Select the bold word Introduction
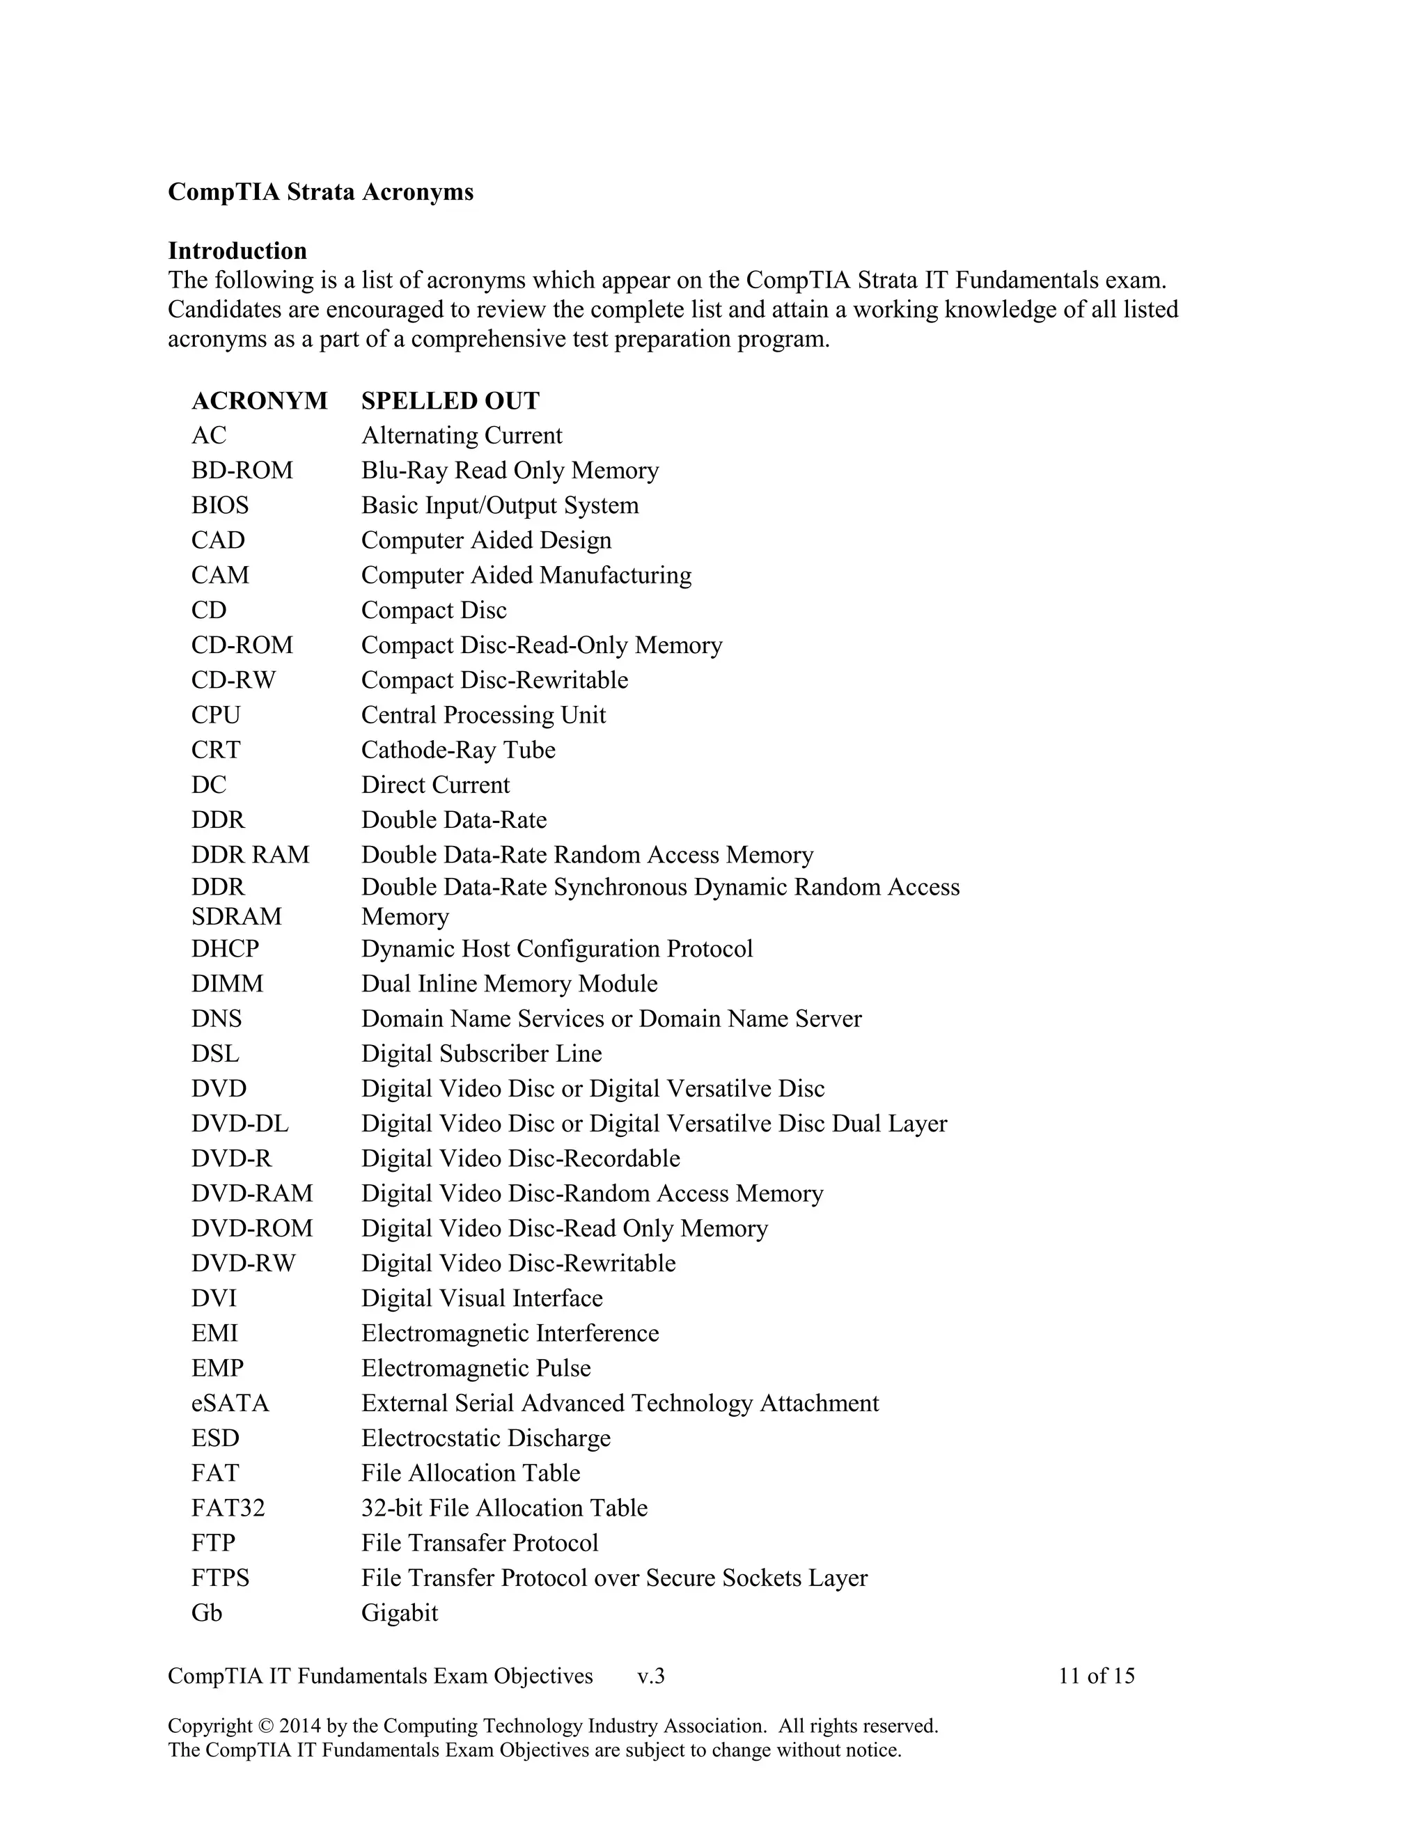pyautogui.click(x=237, y=251)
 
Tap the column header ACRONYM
pyautogui.click(x=259, y=400)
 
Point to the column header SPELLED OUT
pyautogui.click(x=450, y=400)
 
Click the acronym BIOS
pyautogui.click(x=219, y=505)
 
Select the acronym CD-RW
pyautogui.click(x=233, y=680)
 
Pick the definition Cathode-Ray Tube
pyautogui.click(x=458, y=750)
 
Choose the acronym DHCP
pyautogui.click(x=225, y=949)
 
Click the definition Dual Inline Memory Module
pyautogui.click(x=508, y=983)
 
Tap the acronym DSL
pyautogui.click(x=215, y=1053)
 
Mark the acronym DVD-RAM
pyautogui.click(x=252, y=1193)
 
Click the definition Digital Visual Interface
pyautogui.click(x=482, y=1298)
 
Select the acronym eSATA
pyautogui.click(x=230, y=1403)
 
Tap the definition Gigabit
pyautogui.click(x=400, y=1612)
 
